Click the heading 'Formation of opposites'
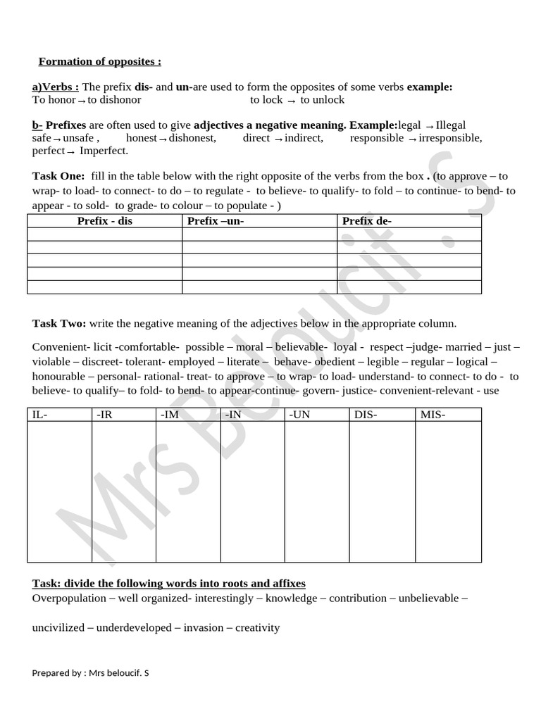point(99,61)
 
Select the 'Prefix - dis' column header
point(104,221)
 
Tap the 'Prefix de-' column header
point(366,221)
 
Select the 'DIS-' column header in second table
point(366,415)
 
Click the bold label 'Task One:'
point(58,176)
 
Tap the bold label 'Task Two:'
point(59,323)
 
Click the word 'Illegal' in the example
point(451,125)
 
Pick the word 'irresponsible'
point(450,138)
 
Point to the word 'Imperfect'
point(104,151)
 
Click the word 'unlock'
point(323,99)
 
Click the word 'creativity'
point(257,627)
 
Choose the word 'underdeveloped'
point(135,627)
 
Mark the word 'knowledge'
point(290,598)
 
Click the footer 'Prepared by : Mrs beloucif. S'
point(90,672)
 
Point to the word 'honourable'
point(59,376)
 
